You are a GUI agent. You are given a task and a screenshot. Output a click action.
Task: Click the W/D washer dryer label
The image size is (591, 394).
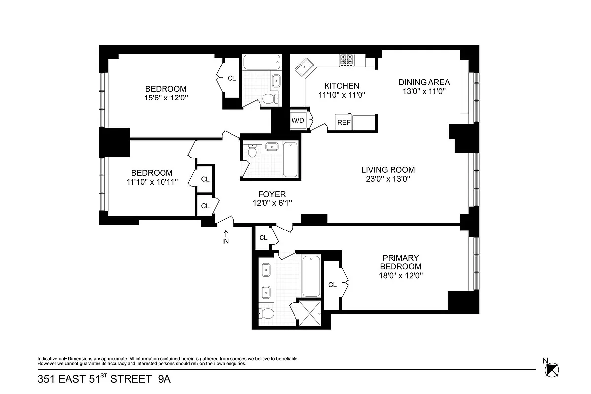point(297,121)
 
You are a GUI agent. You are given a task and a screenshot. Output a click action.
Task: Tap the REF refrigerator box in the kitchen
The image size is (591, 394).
point(344,122)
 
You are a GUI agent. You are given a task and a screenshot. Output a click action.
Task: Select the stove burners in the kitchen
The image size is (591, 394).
point(346,60)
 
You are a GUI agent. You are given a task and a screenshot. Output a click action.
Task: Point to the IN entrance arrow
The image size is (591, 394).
point(226,237)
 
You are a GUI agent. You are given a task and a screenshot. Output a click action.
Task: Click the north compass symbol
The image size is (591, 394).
point(551,368)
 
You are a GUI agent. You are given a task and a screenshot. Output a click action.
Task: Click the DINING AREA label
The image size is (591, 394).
point(424,82)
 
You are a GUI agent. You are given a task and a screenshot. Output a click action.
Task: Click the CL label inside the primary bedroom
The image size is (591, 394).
point(332,284)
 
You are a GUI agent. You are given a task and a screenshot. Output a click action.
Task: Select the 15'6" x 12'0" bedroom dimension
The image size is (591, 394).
point(165,98)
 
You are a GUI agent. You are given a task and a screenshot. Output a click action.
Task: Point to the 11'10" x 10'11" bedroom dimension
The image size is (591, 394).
point(152,182)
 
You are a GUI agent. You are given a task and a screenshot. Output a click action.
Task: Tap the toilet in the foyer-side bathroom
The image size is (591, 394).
point(252,151)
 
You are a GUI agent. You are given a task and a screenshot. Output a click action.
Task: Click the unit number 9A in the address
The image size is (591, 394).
point(164,379)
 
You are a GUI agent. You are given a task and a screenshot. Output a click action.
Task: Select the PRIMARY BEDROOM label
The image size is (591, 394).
point(400,262)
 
